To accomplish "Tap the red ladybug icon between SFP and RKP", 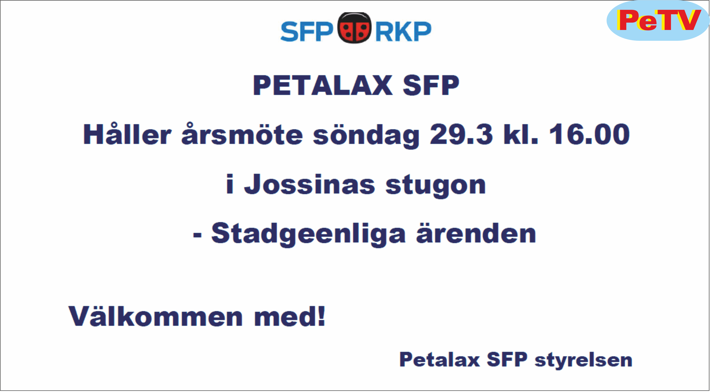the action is click(355, 28).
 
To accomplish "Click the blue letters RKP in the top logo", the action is click(403, 31).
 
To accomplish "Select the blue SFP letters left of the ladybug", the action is click(307, 31).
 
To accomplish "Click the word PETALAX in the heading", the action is click(323, 85).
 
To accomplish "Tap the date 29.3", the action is click(461, 134).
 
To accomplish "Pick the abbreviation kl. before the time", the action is click(520, 134).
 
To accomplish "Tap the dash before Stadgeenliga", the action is click(197, 235).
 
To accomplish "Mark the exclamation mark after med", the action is click(321, 316).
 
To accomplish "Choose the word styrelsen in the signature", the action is click(583, 361).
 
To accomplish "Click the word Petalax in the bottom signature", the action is click(440, 359).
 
